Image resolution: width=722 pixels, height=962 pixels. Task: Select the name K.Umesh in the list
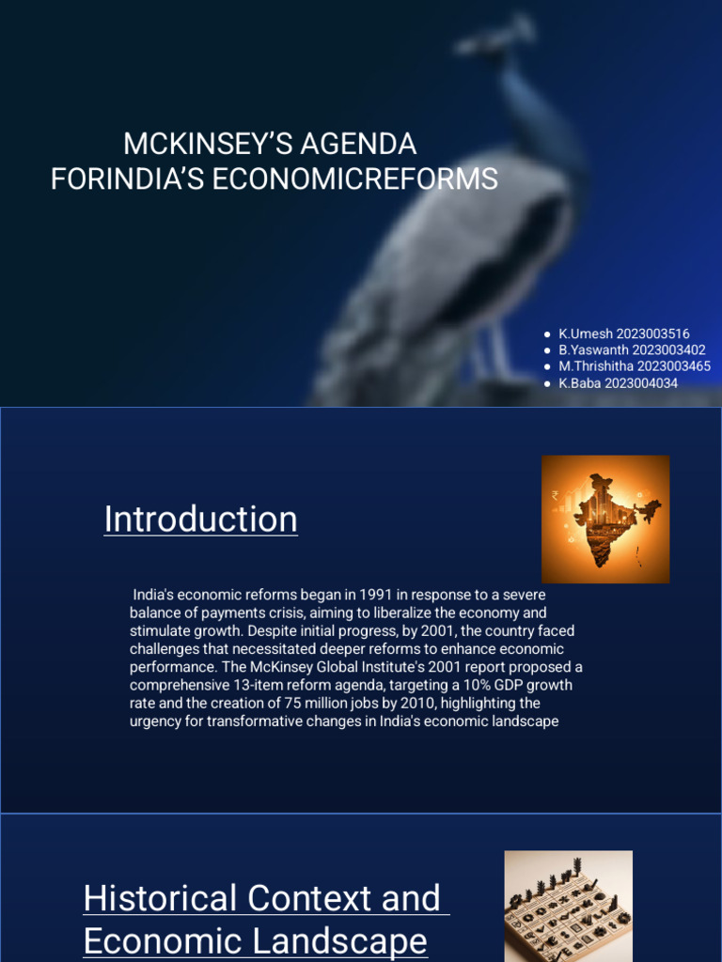(x=585, y=334)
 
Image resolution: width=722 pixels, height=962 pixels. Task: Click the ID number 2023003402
(x=669, y=350)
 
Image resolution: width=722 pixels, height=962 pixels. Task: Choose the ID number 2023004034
(x=641, y=383)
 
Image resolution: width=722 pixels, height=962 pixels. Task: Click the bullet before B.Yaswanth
(x=547, y=350)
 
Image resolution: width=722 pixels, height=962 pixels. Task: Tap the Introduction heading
(x=200, y=519)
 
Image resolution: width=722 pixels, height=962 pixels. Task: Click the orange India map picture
(x=605, y=519)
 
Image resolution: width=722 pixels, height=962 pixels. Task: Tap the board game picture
(x=568, y=905)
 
